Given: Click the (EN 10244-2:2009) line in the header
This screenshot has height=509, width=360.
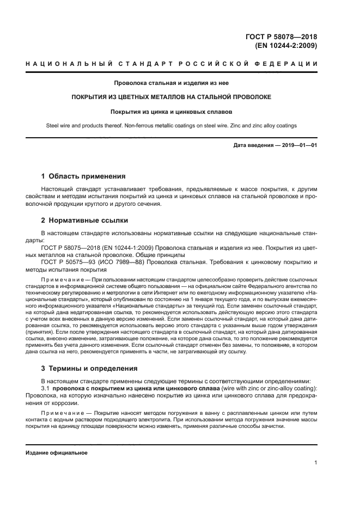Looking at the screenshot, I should [286, 46].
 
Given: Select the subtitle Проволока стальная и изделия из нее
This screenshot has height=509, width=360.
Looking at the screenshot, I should [172, 83].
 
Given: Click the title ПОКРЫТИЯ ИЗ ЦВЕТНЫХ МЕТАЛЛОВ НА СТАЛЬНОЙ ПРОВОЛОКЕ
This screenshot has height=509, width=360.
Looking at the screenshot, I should [172, 97].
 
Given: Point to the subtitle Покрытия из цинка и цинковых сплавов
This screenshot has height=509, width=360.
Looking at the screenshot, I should [172, 111].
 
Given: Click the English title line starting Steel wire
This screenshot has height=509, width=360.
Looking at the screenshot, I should [172, 126].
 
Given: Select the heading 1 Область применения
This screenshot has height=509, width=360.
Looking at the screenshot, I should [83, 176].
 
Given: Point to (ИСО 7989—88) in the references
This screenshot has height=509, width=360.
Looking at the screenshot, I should [118, 262].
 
